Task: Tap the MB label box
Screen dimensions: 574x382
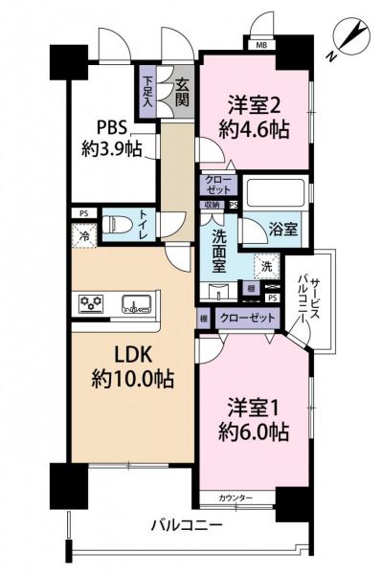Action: pos(261,44)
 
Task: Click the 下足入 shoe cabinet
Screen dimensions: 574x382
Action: pos(148,92)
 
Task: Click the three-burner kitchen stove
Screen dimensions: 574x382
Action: pos(92,305)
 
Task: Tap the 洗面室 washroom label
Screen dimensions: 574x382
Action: pos(221,250)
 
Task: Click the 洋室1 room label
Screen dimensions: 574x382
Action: pos(254,417)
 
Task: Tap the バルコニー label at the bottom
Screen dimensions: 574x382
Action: pos(187,526)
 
